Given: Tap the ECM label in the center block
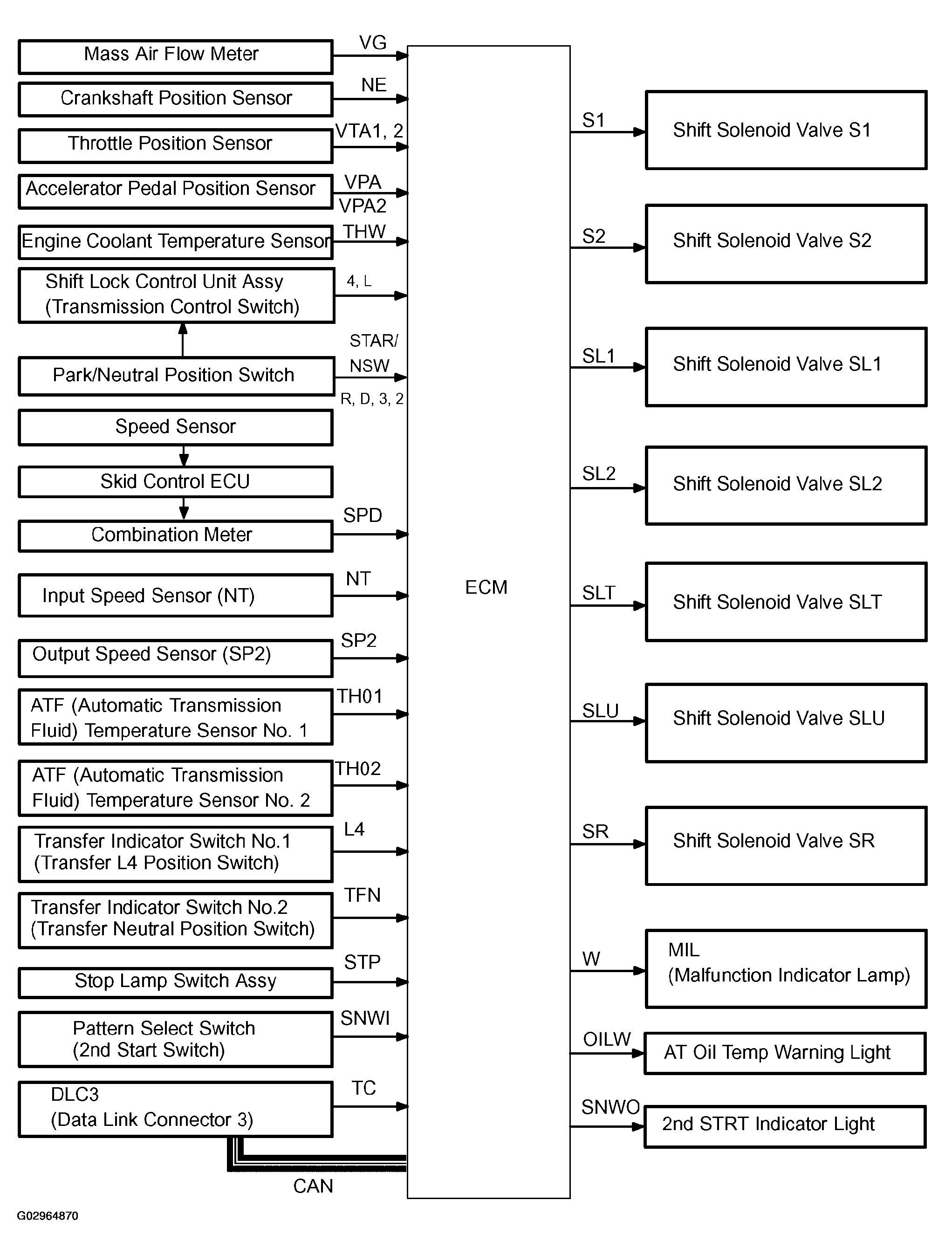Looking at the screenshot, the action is (x=486, y=587).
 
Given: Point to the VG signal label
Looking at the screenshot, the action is (x=373, y=42).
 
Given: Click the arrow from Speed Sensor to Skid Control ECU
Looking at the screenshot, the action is (x=183, y=456).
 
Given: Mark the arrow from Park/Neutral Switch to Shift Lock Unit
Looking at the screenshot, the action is (x=183, y=340).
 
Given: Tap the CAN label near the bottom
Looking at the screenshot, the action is (x=313, y=1186).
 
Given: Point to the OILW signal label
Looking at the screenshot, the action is (x=607, y=1039).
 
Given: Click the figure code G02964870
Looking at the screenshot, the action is (x=48, y=1216).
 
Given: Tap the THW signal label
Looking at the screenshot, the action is (x=364, y=232).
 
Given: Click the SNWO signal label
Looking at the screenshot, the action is (x=610, y=1107).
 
